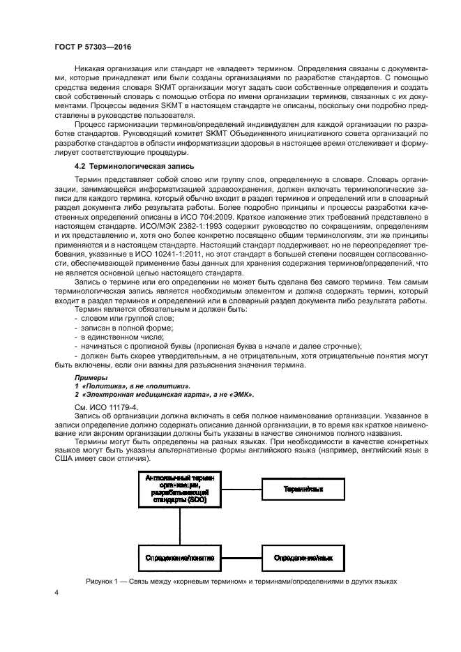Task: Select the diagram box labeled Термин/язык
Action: [303, 490]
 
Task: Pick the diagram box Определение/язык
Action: [303, 559]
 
